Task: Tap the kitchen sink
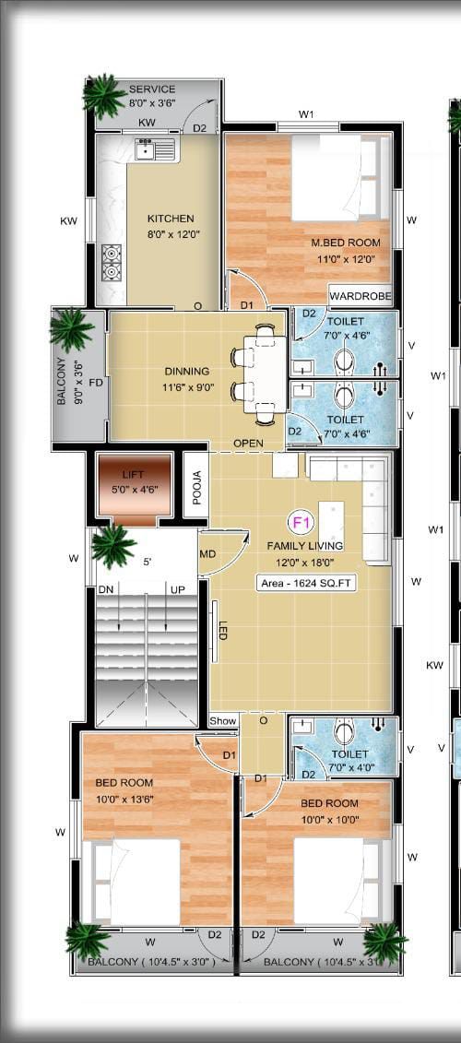click(154, 148)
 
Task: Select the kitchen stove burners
click(112, 261)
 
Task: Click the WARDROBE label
click(361, 297)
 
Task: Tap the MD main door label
click(208, 553)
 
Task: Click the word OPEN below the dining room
click(248, 444)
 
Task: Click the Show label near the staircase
click(222, 720)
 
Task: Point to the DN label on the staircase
click(106, 588)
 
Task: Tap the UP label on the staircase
click(178, 588)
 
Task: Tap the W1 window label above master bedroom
click(307, 115)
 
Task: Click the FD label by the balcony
click(95, 381)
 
